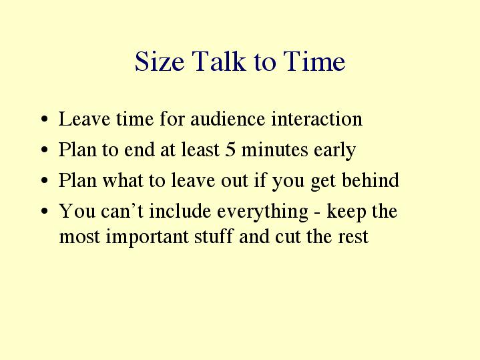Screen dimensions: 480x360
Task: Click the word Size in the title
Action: point(160,61)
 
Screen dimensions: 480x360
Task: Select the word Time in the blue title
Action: point(314,61)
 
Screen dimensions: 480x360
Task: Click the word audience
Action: point(228,119)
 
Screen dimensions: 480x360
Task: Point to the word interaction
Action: point(317,119)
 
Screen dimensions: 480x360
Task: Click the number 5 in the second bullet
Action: point(230,150)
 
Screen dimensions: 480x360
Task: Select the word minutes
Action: point(274,150)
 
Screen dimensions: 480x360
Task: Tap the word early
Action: point(335,151)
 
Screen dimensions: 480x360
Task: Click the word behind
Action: point(371,180)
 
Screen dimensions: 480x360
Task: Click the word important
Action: point(147,237)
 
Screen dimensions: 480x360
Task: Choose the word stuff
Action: point(214,236)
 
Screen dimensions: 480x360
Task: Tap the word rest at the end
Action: point(353,237)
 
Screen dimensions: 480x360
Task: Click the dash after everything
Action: point(317,212)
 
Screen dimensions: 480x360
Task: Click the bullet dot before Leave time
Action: point(45,119)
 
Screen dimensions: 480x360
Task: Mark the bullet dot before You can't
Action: point(45,211)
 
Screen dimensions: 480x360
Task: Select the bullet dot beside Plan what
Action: point(45,180)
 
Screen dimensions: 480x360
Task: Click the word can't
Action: point(122,211)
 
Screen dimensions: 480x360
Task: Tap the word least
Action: point(200,150)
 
